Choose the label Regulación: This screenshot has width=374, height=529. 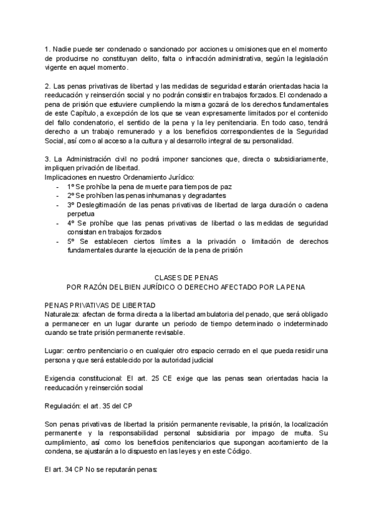pyautogui.click(x=63, y=405)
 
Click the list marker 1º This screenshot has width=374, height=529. pyautogui.click(x=70, y=187)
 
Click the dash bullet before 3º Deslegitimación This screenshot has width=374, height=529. pyautogui.click(x=58, y=205)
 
